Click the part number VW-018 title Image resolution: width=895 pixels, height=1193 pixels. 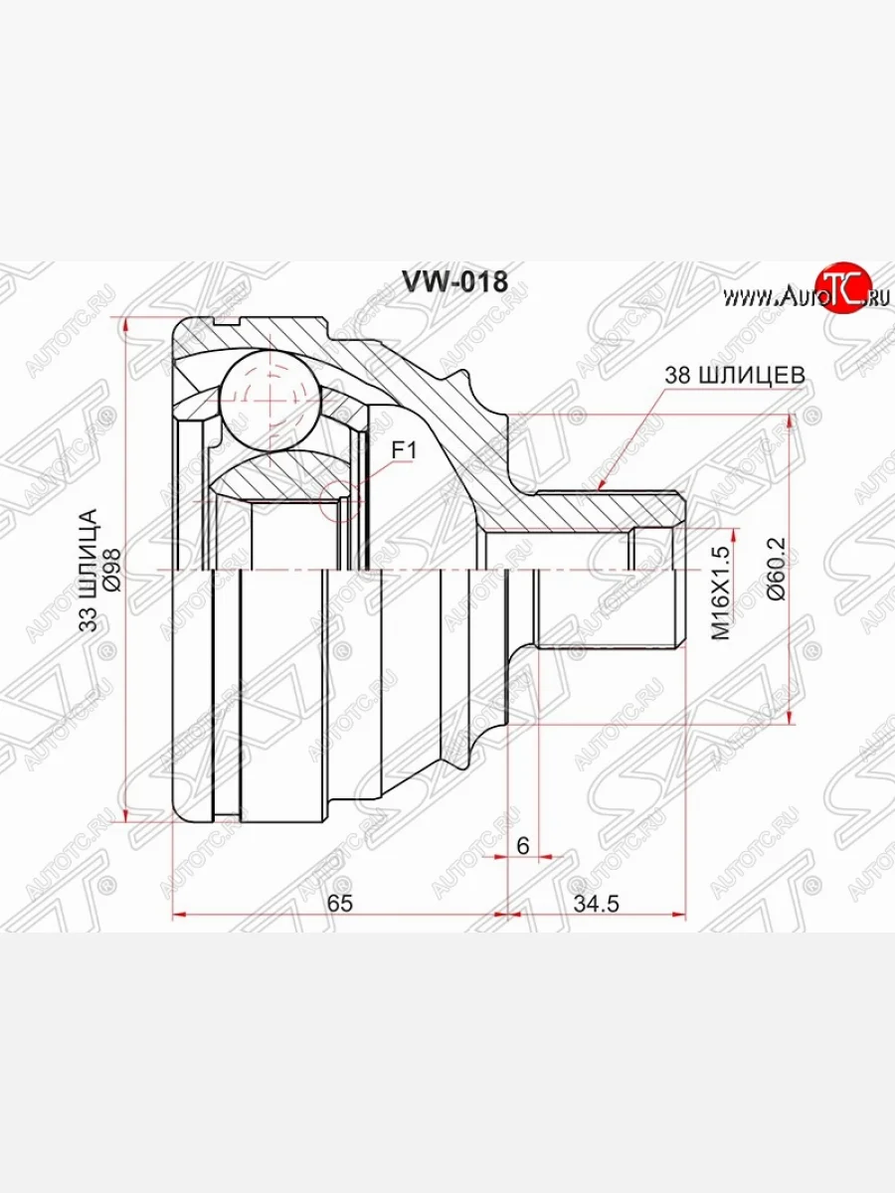point(454,282)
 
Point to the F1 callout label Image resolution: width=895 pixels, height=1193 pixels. point(402,450)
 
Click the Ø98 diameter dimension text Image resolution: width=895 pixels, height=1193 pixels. point(110,570)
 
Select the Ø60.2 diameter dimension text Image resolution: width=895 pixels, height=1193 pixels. point(776,568)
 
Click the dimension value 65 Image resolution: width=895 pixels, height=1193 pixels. point(340,903)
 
